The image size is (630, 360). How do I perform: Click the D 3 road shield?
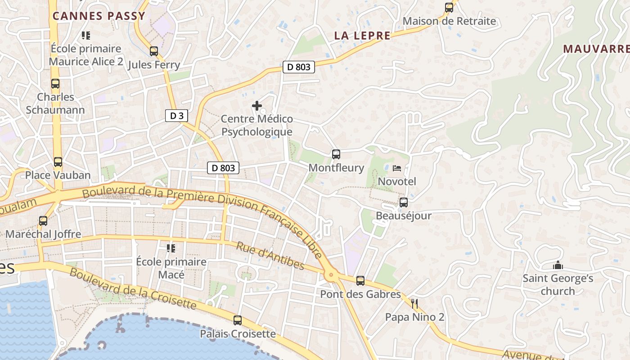click(x=176, y=116)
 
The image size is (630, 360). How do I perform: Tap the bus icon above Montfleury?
click(x=336, y=154)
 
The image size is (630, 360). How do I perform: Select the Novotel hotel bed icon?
click(x=397, y=168)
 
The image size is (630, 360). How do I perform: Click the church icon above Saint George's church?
click(x=558, y=265)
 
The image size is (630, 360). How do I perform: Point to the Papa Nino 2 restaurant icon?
click(x=414, y=304)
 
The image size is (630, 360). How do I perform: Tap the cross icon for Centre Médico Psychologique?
click(x=257, y=106)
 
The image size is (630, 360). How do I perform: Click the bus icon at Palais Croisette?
click(x=238, y=320)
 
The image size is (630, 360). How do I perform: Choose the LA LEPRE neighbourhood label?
click(x=362, y=36)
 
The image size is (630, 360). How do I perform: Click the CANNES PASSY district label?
click(x=99, y=16)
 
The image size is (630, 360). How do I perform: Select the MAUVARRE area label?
click(x=596, y=49)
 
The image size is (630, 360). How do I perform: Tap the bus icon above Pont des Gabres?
click(x=360, y=281)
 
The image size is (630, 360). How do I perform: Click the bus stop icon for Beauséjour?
click(x=403, y=202)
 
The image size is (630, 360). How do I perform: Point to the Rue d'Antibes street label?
click(x=270, y=256)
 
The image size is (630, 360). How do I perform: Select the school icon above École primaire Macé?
click(x=171, y=248)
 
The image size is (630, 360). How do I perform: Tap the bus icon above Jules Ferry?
click(x=154, y=51)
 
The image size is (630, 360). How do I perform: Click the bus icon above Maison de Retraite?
click(x=449, y=8)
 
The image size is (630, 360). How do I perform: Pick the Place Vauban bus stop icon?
click(x=58, y=162)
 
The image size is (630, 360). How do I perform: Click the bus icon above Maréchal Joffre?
click(x=43, y=221)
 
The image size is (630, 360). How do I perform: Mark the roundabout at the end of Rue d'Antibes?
click(x=332, y=274)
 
